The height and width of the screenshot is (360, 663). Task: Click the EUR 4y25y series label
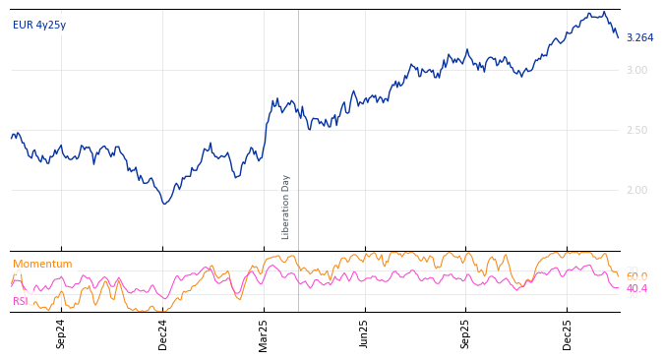pos(39,25)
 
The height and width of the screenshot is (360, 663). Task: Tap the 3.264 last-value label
pos(639,38)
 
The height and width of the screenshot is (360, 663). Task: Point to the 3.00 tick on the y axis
pos(636,70)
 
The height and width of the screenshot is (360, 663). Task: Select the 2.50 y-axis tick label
pos(636,130)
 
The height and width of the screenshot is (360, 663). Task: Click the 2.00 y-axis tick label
pos(636,190)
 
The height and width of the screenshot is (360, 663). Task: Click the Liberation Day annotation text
pos(286,207)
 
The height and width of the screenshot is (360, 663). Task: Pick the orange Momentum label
pos(42,265)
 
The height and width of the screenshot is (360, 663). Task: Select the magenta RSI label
pos(21,301)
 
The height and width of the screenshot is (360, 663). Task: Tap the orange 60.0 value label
pos(636,276)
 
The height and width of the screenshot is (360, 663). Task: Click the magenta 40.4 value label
pos(636,289)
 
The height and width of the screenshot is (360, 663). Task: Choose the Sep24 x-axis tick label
pos(61,333)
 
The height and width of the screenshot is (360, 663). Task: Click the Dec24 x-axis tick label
pos(163,333)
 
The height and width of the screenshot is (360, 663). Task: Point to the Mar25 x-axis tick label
pos(264,333)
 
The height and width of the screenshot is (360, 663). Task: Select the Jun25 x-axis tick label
pos(364,333)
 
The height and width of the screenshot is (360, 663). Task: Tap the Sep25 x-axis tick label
pos(465,333)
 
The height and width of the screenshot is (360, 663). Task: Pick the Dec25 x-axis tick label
pos(567,333)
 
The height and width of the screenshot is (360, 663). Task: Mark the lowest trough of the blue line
pos(165,204)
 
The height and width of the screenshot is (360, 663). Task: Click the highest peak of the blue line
pos(604,12)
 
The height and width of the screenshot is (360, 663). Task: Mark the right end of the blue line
pos(618,37)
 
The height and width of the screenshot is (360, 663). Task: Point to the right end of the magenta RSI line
pos(618,287)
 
